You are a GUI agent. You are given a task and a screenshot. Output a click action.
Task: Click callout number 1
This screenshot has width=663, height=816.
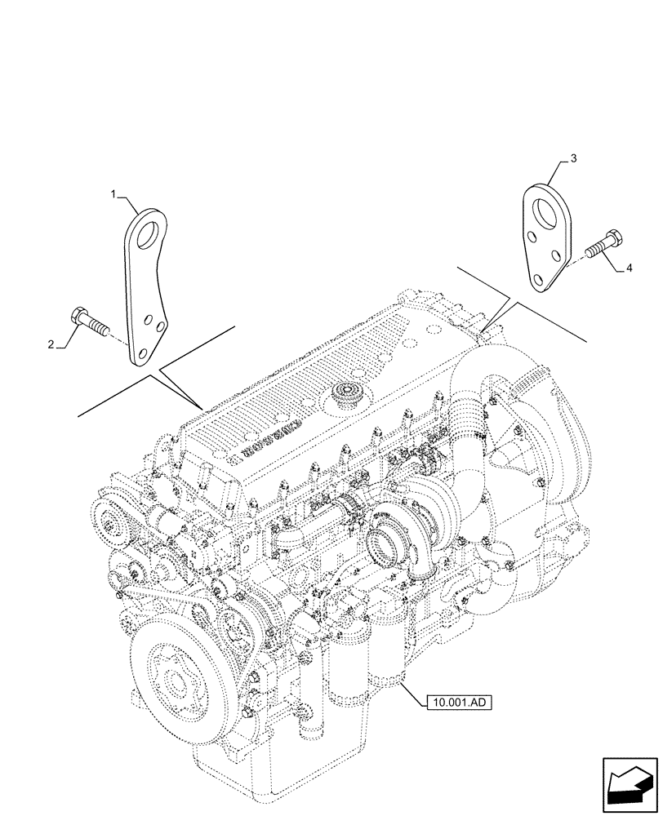tap(114, 193)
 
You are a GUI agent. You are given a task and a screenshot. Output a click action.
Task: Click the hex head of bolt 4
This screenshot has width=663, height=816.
tap(614, 238)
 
